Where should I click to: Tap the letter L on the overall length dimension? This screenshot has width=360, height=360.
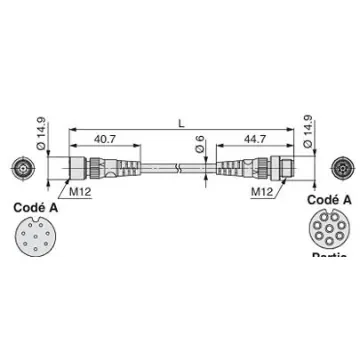click(x=180, y=123)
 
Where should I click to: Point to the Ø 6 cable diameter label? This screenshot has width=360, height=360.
click(x=201, y=147)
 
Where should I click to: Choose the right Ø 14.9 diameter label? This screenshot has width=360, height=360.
click(x=319, y=130)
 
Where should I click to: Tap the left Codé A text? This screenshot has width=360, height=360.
click(x=36, y=209)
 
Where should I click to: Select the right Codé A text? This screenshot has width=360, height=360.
click(x=329, y=200)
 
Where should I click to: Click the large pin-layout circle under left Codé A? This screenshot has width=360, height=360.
click(x=36, y=241)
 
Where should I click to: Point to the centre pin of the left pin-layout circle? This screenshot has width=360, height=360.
click(x=36, y=241)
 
